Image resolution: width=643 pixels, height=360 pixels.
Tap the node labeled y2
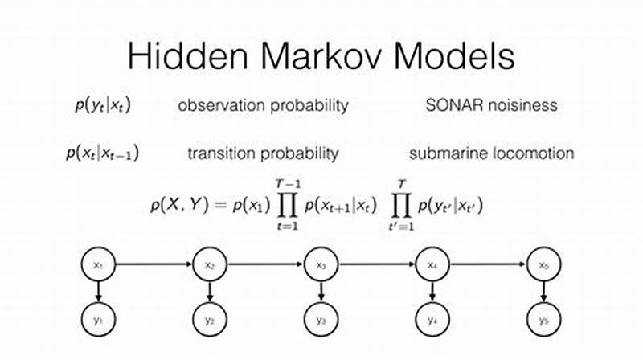pyautogui.click(x=210, y=320)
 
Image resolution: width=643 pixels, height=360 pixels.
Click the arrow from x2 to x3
pyautogui.click(x=266, y=264)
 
